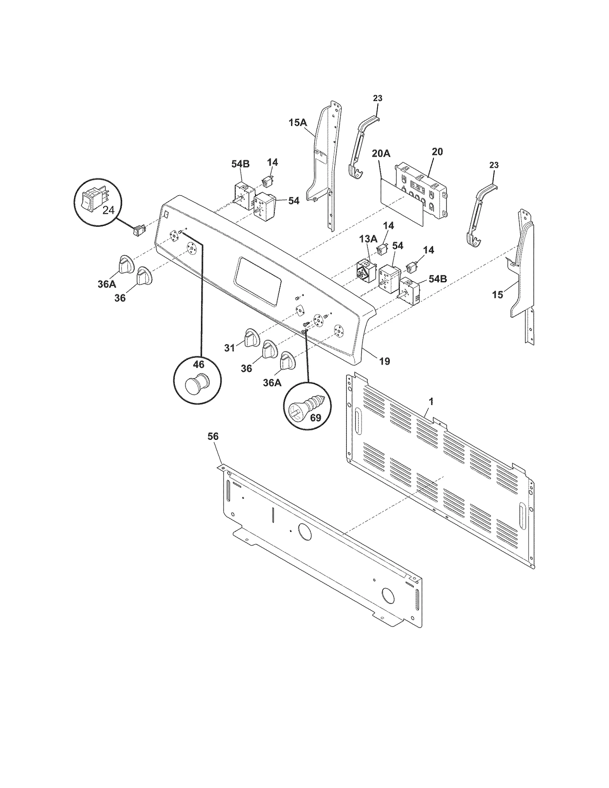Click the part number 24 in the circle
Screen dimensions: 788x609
point(108,210)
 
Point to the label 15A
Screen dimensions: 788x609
point(298,123)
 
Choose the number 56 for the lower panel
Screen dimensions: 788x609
point(213,436)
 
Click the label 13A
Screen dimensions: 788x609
point(368,239)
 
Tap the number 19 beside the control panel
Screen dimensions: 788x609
point(384,361)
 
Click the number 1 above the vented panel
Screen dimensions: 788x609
point(431,401)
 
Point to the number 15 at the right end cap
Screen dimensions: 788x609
point(497,295)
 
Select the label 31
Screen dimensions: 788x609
point(229,348)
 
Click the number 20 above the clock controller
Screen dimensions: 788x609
point(437,151)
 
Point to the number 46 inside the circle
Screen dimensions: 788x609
point(198,365)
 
